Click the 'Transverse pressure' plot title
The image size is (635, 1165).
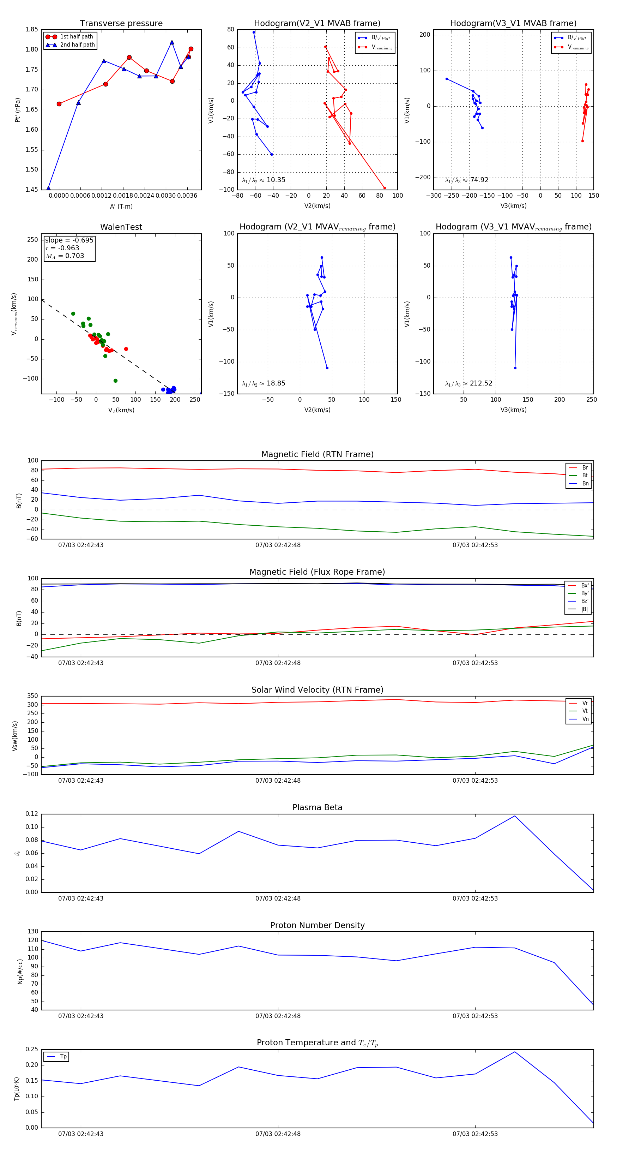click(x=121, y=24)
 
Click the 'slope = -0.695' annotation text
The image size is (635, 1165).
click(x=69, y=240)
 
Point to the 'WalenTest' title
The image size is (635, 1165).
click(x=121, y=227)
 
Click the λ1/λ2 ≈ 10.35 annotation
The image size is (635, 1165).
click(x=264, y=180)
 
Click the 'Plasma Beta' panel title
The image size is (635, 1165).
click(x=317, y=807)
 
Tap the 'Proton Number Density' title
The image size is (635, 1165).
click(x=317, y=925)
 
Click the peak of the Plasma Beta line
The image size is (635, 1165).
click(x=514, y=816)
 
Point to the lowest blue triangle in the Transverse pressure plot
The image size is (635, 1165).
click(x=48, y=188)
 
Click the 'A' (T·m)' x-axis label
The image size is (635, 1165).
click(x=121, y=206)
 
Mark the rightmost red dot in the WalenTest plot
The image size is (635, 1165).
click(x=126, y=349)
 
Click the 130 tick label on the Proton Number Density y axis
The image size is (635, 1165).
click(x=33, y=931)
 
